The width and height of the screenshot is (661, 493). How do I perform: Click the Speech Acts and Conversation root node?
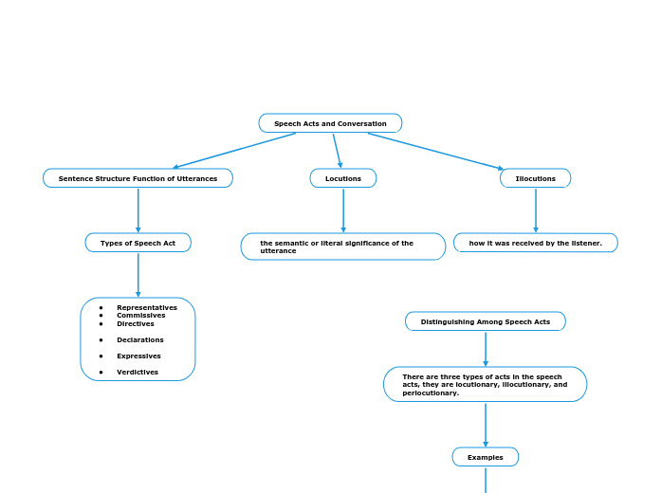coord(330,123)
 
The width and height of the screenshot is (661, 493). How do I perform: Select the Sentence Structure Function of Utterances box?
coord(138,178)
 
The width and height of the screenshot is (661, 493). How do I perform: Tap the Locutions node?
coord(343,178)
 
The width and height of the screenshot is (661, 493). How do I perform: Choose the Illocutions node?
coord(536,178)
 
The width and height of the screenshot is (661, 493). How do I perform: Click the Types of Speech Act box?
coord(138,243)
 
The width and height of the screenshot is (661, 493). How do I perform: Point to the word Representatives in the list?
coord(147,307)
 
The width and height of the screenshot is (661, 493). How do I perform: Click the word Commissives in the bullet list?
coord(141,316)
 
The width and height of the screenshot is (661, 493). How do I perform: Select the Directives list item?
coord(136,323)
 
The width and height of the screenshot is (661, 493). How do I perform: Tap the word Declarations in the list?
coord(140,339)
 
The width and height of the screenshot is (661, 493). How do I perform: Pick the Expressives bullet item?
coord(138,356)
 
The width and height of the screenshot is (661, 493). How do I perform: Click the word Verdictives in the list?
coord(138,372)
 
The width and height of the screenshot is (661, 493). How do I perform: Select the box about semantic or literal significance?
coord(343,246)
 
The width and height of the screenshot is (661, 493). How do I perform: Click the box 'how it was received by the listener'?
coord(536,243)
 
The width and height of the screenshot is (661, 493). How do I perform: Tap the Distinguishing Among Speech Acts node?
coord(486,321)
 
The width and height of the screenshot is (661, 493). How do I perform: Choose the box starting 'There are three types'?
coord(486,384)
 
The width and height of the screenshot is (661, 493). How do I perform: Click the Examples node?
coord(486,457)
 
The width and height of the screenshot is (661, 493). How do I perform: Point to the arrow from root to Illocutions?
coord(436,151)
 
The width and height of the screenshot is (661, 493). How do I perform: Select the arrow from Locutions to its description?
coord(343,210)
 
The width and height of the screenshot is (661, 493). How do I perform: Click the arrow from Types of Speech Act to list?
coord(138,275)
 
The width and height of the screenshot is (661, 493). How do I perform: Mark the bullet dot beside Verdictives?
coord(101,373)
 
